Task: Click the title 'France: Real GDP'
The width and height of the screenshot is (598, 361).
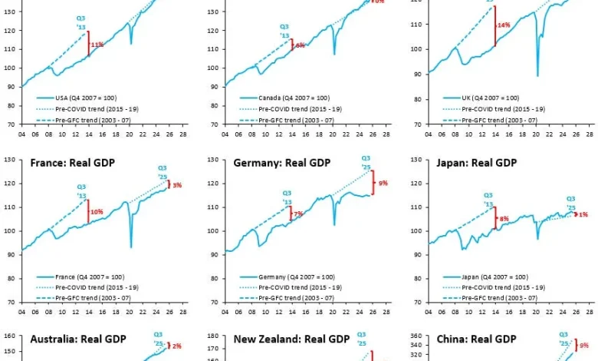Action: coord(72,163)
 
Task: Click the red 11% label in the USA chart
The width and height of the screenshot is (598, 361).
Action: coord(97,45)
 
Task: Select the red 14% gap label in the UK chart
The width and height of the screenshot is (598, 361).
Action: coord(504,25)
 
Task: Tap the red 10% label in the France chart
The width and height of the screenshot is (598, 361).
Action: coord(97,211)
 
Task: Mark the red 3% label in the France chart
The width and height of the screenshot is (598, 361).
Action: coord(177,185)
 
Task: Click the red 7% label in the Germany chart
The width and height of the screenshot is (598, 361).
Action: coord(298,214)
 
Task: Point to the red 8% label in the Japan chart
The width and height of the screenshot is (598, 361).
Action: coord(504,219)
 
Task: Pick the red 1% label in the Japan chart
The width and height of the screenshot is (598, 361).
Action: coord(583,214)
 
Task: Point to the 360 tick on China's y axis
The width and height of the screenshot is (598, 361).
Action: coord(422,336)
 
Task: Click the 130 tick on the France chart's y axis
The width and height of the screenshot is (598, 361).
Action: coord(10,160)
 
